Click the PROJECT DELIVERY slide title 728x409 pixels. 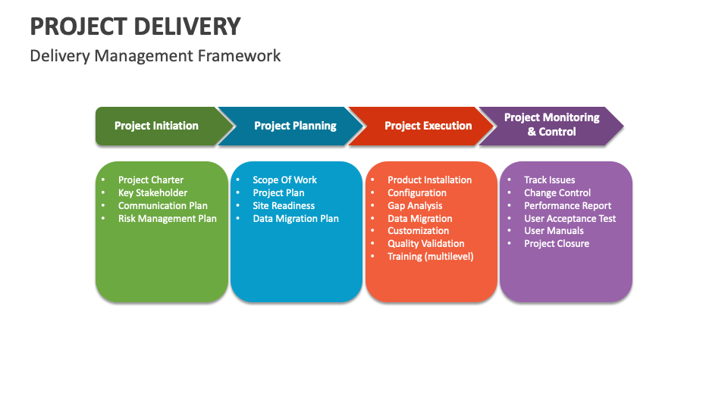click(x=135, y=26)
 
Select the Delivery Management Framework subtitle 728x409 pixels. click(x=155, y=55)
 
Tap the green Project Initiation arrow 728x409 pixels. click(x=157, y=126)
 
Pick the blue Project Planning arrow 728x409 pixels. click(x=295, y=126)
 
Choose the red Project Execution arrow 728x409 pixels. click(x=428, y=126)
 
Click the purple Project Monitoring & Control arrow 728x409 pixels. click(x=551, y=125)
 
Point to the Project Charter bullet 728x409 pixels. click(x=151, y=180)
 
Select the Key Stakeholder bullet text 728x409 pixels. click(x=152, y=193)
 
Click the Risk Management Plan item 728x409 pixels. click(x=167, y=219)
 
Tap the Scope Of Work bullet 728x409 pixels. click(x=284, y=180)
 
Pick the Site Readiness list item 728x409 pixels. click(x=284, y=206)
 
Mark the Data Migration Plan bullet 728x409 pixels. click(x=296, y=219)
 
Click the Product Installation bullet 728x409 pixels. click(x=429, y=180)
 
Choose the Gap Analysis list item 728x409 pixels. click(x=415, y=206)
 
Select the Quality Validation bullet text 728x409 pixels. click(x=425, y=244)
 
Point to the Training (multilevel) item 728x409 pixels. click(x=430, y=257)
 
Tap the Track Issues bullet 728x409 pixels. click(x=549, y=180)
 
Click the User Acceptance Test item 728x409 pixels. click(x=570, y=219)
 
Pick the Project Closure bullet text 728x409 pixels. click(x=556, y=244)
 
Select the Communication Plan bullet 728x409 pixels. click(x=162, y=206)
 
